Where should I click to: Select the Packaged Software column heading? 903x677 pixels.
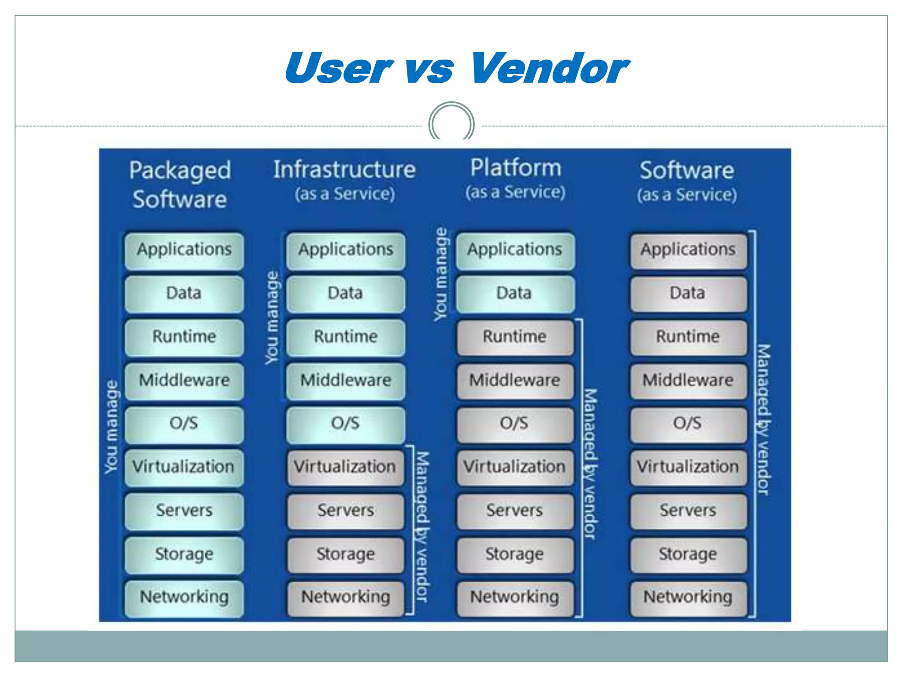tap(180, 184)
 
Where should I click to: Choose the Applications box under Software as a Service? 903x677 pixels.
tap(688, 250)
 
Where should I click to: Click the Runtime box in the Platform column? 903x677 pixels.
tap(515, 337)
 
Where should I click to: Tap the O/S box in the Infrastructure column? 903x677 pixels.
tap(345, 424)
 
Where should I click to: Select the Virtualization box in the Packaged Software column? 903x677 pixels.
tap(183, 467)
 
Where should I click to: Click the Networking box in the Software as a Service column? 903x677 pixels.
tap(688, 598)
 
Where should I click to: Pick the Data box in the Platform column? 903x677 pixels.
tap(515, 294)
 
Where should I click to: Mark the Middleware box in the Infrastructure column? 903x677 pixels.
tap(345, 381)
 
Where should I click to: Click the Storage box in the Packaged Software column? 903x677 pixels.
tap(183, 554)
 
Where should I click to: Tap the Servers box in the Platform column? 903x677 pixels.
tap(515, 511)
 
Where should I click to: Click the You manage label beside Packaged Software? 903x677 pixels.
tap(112, 427)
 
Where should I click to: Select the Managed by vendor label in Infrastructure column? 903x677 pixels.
tap(422, 527)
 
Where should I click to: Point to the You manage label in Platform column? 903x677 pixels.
tap(441, 274)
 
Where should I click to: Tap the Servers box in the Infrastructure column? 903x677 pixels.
tap(345, 511)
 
